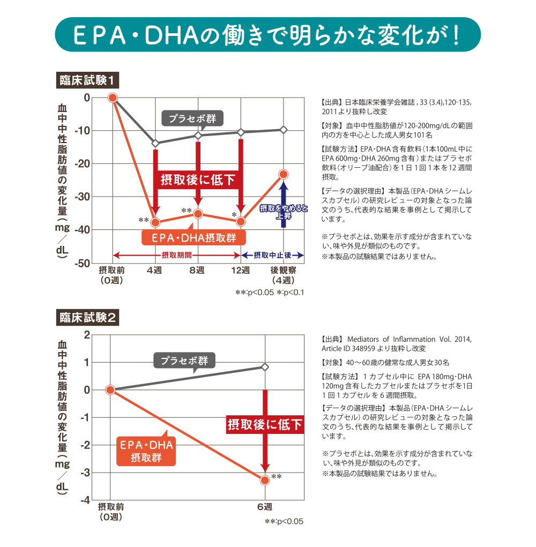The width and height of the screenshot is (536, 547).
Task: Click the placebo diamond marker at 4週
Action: tap(155, 143)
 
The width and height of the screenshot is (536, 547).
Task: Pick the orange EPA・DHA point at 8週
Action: tap(198, 214)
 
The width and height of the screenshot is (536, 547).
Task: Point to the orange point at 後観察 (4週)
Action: tap(284, 174)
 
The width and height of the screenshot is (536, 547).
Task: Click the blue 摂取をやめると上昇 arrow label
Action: tap(284, 212)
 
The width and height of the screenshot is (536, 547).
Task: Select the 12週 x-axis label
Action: tap(241, 271)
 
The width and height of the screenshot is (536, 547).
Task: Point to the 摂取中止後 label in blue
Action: tap(272, 255)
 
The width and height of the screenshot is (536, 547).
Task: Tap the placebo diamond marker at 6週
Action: tap(265, 367)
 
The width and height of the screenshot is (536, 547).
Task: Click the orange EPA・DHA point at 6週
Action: tap(265, 480)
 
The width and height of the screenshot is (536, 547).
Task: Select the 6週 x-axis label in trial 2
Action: tap(265, 507)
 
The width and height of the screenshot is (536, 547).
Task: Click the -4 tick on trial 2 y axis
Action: tap(85, 500)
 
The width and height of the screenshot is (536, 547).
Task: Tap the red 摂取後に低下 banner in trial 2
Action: tap(265, 425)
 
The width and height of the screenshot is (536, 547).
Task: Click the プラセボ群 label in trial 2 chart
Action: tap(184, 360)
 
